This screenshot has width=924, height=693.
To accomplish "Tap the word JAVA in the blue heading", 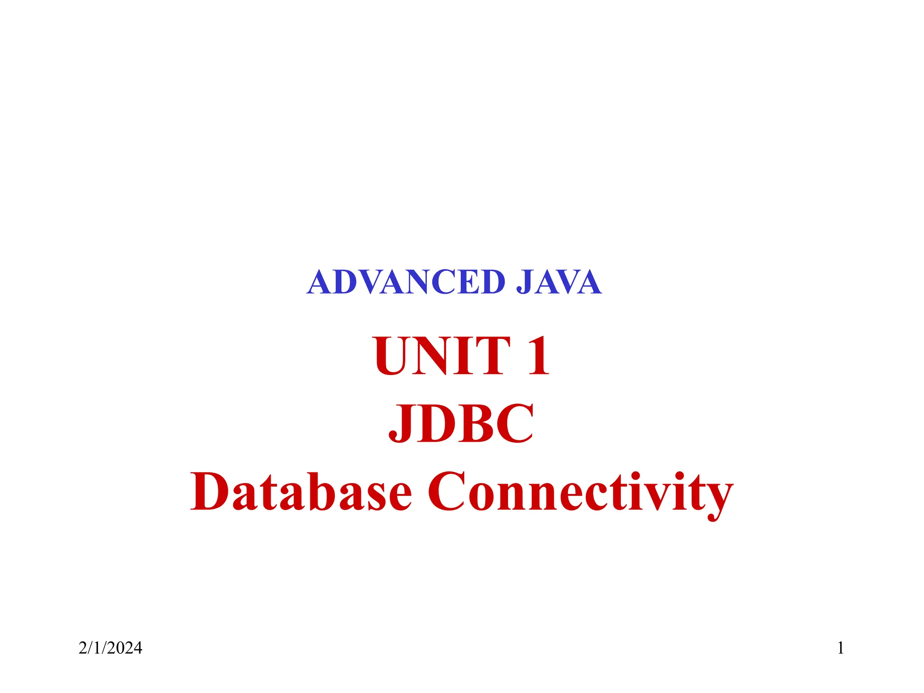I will click(x=558, y=282).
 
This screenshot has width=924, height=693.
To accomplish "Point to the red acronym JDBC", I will click(x=461, y=423).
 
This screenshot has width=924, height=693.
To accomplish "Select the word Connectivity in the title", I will click(x=580, y=493).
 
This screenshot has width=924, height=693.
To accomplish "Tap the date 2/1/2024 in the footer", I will click(x=111, y=648).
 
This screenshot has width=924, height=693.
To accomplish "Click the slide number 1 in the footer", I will click(x=841, y=648).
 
